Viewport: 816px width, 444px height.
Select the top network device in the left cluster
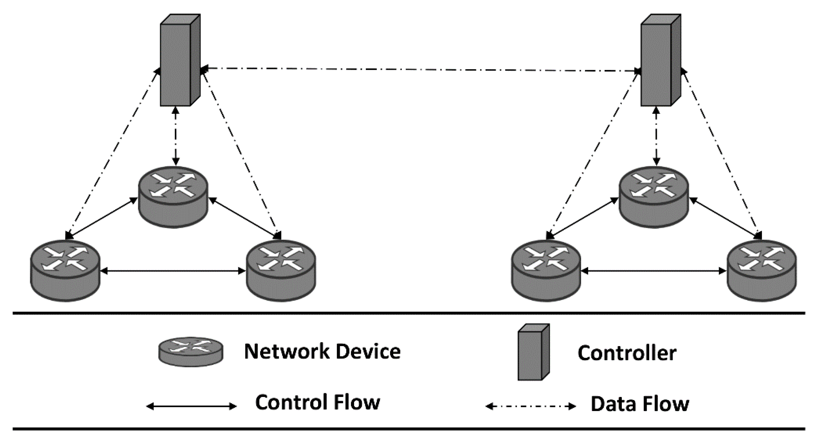pos(173,197)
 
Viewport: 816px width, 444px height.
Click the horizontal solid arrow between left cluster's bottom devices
pos(173,271)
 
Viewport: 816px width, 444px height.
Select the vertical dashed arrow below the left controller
pos(176,136)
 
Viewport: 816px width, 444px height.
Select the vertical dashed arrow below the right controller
pos(656,136)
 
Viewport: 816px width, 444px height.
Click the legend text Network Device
pos(322,352)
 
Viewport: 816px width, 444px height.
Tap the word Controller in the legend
pos(627,353)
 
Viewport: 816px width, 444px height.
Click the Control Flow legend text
pos(318,402)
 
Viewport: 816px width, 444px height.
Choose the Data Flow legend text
pos(640,404)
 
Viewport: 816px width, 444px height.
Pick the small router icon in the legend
pos(191,352)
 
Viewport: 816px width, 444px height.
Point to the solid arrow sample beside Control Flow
pos(191,406)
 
